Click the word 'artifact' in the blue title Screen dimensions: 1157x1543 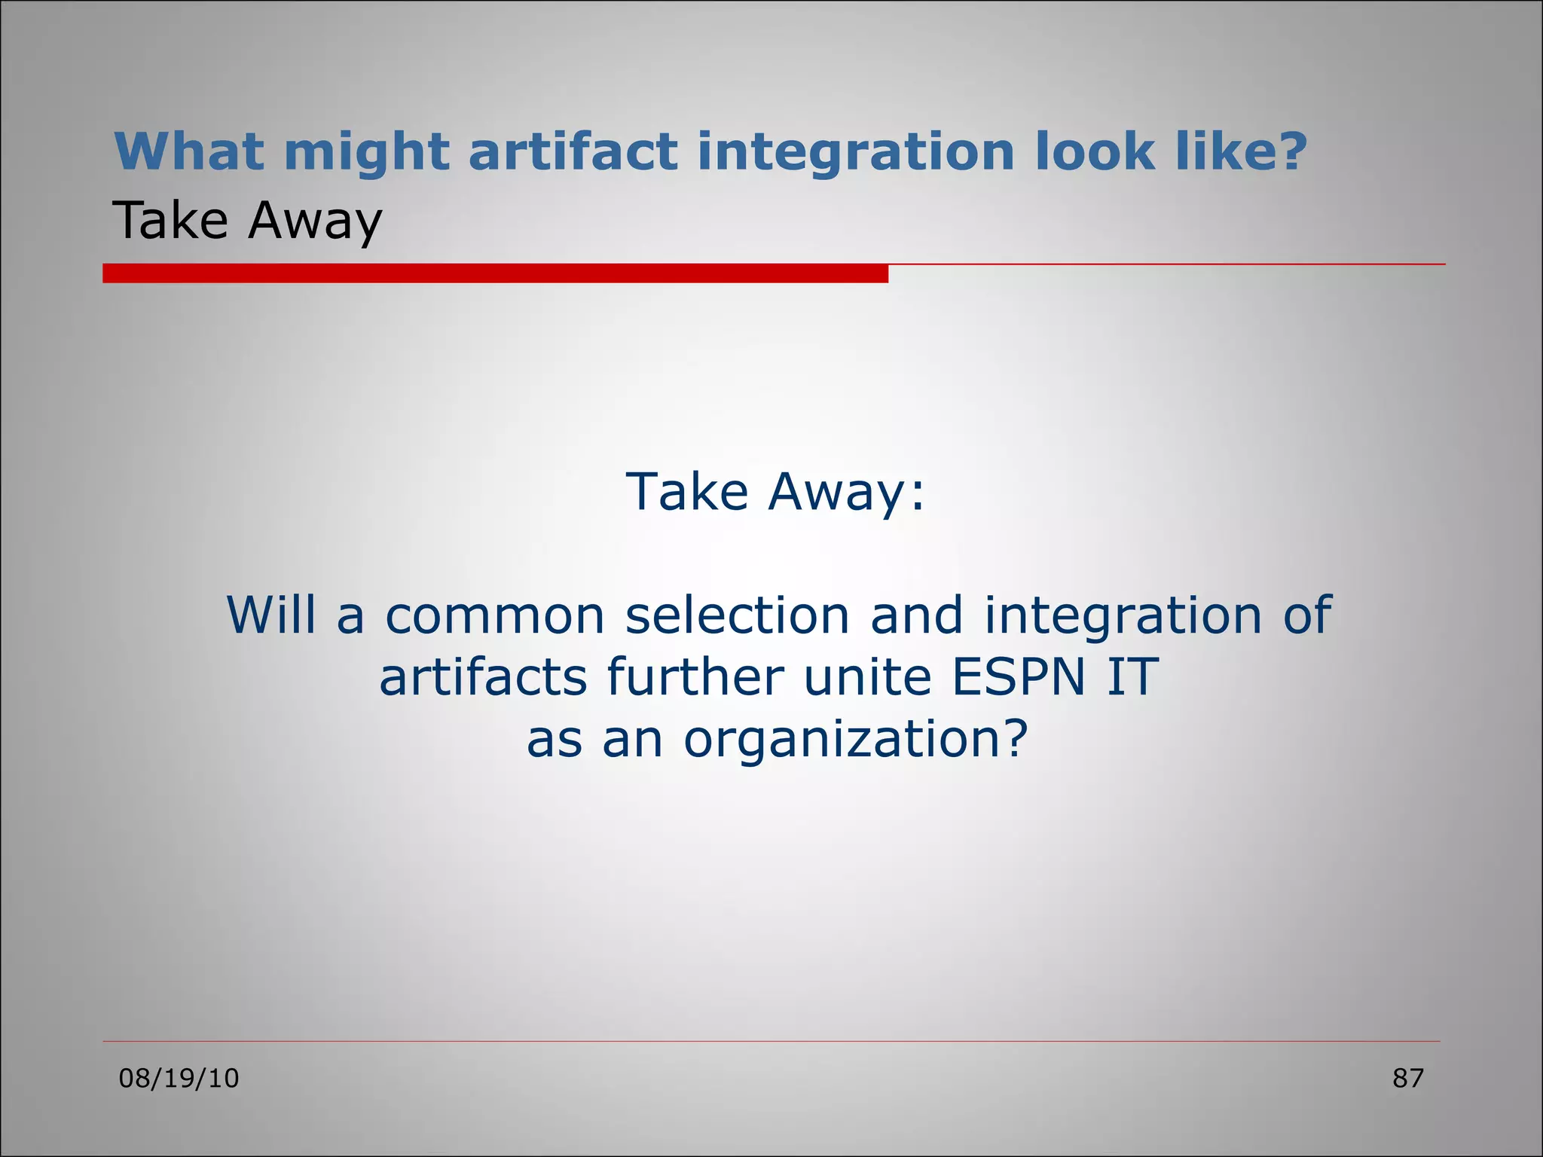coord(573,152)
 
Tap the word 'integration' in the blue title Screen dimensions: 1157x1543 coord(855,152)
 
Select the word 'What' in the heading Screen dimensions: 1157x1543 coord(188,152)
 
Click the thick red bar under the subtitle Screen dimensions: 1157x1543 coord(495,273)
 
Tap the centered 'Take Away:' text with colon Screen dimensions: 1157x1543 coord(775,491)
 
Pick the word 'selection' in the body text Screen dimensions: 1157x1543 coord(738,615)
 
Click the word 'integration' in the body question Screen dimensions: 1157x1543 coord(1123,615)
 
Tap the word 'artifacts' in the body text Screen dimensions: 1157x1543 coord(483,676)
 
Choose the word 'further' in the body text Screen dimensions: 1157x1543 coord(695,676)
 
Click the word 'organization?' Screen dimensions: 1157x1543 coord(855,739)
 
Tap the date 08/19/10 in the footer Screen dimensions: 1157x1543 coord(179,1079)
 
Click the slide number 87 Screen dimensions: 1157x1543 coord(1407,1079)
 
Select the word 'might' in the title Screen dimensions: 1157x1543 coord(366,152)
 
